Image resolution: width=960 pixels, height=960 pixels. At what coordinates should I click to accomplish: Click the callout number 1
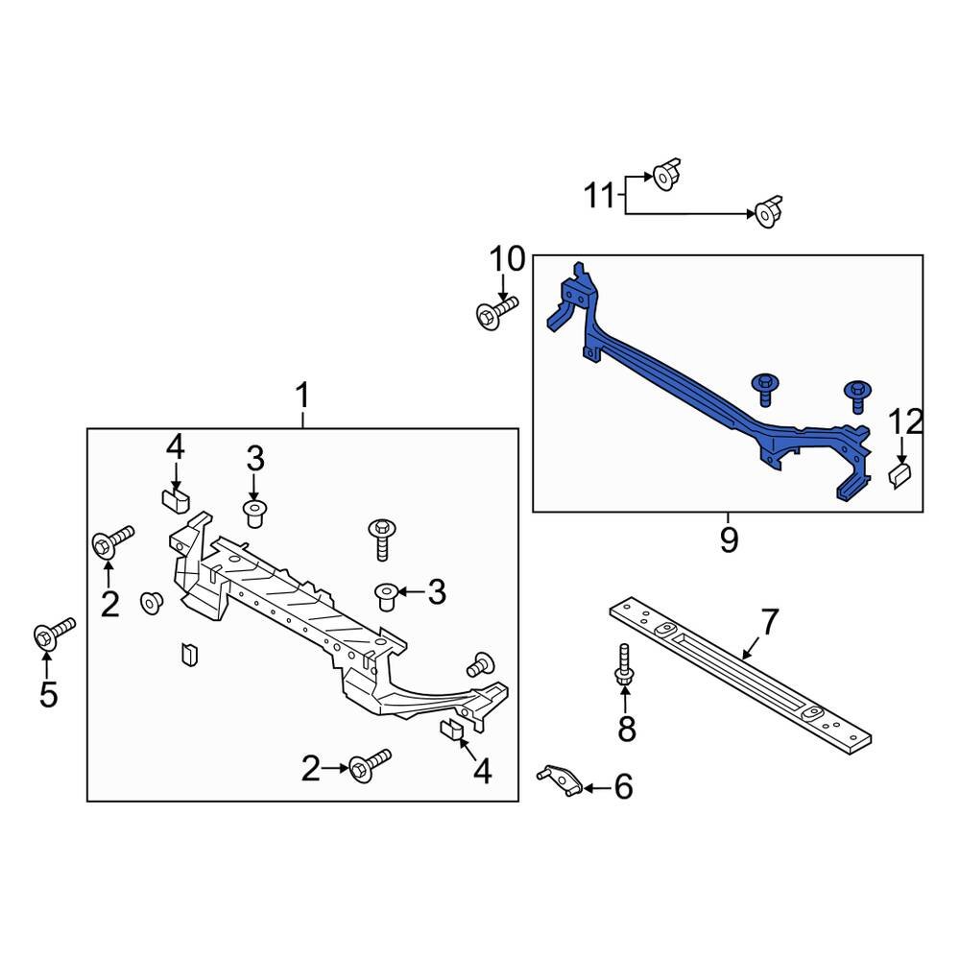click(302, 395)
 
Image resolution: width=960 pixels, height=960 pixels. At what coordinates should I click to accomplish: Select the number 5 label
click(48, 693)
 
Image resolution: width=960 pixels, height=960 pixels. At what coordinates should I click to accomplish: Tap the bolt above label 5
click(53, 634)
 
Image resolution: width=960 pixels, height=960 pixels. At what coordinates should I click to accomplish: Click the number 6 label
click(623, 788)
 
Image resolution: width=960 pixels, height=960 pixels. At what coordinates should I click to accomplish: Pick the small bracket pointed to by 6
click(557, 780)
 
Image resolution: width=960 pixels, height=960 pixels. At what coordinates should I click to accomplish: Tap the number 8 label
click(626, 730)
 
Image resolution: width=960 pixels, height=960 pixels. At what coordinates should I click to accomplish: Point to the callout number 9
click(729, 540)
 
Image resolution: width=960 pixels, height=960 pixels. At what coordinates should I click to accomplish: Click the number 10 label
click(508, 259)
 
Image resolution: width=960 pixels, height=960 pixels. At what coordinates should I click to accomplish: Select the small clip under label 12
click(900, 474)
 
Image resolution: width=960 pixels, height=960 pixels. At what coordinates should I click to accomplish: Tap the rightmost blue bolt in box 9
click(856, 396)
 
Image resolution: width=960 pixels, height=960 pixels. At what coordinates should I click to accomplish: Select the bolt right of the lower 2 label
click(370, 765)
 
